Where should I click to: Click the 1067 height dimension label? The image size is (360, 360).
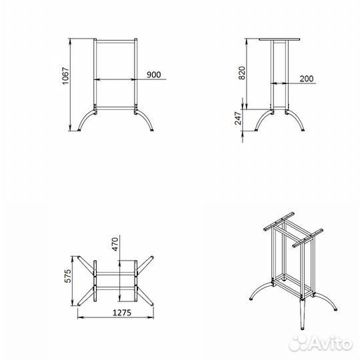(x=65, y=76)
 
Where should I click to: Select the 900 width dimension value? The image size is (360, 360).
(x=154, y=75)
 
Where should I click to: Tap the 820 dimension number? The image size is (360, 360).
(x=242, y=73)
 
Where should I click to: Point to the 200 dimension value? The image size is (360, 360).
(x=307, y=79)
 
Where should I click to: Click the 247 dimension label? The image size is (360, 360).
(x=238, y=118)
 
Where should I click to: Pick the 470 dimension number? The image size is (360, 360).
(x=115, y=244)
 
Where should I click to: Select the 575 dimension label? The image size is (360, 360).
(x=68, y=276)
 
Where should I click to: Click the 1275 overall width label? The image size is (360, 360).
(x=122, y=313)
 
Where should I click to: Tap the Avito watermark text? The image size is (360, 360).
(x=321, y=343)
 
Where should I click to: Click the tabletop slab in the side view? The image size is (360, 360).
(x=279, y=39)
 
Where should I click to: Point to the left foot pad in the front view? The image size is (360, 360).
(x=79, y=130)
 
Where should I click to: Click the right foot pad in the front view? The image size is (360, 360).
(x=152, y=130)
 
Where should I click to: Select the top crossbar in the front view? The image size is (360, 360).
(x=115, y=41)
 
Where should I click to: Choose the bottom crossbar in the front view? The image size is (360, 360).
(x=115, y=108)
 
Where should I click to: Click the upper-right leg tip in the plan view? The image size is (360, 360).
(x=152, y=257)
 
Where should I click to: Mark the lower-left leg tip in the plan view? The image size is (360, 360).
(x=79, y=304)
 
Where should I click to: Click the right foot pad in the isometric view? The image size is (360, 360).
(x=335, y=309)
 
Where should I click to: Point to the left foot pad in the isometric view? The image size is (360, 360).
(x=251, y=299)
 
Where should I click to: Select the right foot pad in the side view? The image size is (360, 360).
(x=303, y=130)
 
